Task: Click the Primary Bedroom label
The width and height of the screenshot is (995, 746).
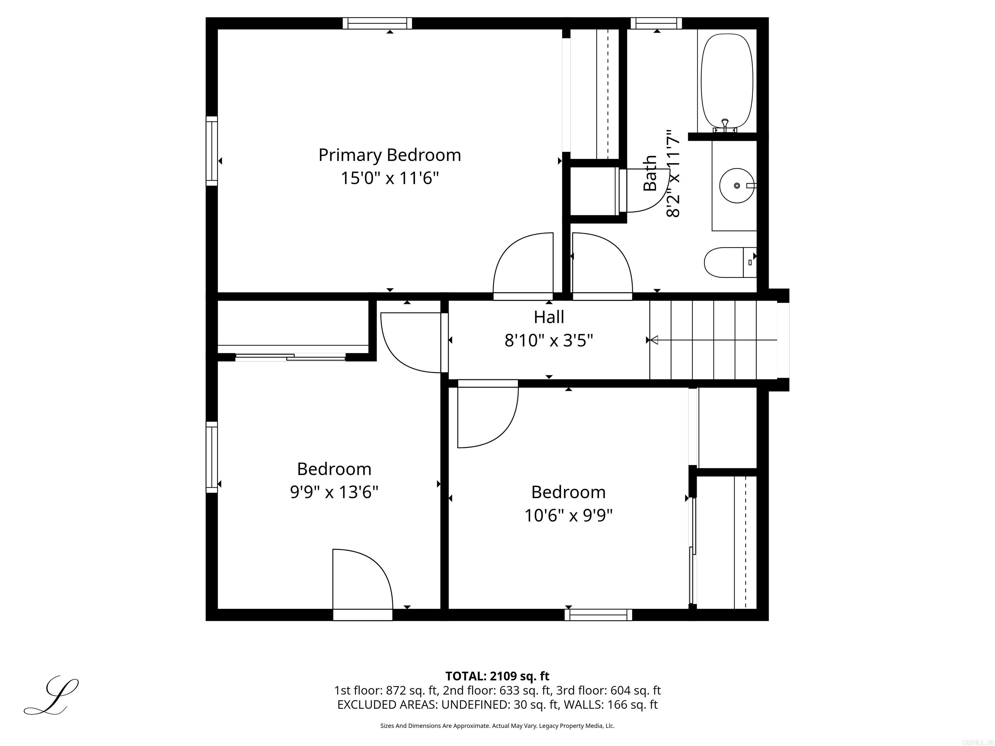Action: click(390, 155)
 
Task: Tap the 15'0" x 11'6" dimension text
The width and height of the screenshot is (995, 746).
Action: click(390, 178)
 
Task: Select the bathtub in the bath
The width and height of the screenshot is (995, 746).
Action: click(727, 81)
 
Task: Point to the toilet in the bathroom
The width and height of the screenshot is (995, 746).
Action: click(729, 262)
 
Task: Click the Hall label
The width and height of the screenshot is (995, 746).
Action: click(548, 317)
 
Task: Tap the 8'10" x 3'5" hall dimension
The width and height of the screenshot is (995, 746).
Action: click(548, 340)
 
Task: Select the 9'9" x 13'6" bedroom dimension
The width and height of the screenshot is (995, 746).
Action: click(334, 492)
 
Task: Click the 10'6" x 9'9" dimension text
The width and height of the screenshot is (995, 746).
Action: click(568, 515)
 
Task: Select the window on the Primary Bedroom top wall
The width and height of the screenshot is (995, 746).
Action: click(377, 23)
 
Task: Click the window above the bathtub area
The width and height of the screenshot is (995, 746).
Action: click(656, 23)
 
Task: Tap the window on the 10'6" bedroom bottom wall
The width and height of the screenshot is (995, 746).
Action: click(598, 615)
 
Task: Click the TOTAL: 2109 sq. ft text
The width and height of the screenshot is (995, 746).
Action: click(497, 676)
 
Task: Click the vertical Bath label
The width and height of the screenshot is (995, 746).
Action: click(650, 173)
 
